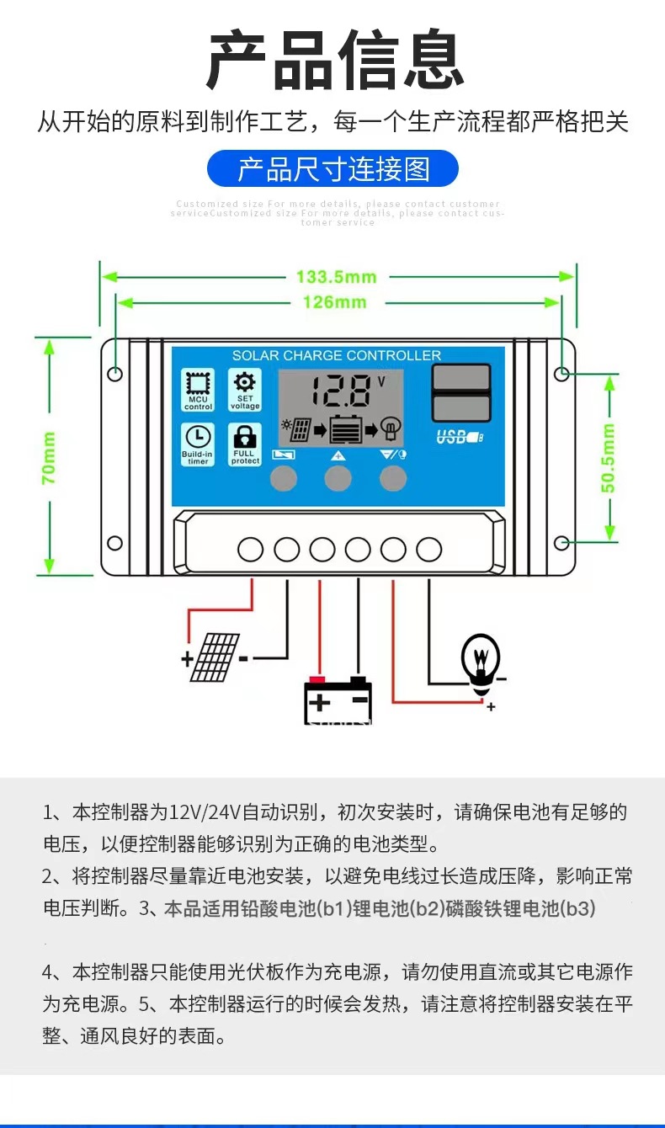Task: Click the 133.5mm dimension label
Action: point(336,277)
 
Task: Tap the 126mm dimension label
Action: point(335,302)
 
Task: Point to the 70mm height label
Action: point(50,458)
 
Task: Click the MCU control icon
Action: point(198,389)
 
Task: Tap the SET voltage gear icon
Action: point(245,389)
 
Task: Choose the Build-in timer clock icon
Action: point(198,444)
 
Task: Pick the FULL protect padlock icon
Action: point(245,444)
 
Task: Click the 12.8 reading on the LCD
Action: point(341,391)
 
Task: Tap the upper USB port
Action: point(460,377)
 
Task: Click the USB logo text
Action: point(460,437)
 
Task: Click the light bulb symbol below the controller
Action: point(481,662)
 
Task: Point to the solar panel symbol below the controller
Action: point(215,657)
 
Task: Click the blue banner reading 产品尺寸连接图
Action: point(333,169)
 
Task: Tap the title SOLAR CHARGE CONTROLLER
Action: point(337,355)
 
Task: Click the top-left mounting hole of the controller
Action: point(115,373)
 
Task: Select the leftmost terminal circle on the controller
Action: point(251,550)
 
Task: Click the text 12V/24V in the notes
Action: point(205,813)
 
